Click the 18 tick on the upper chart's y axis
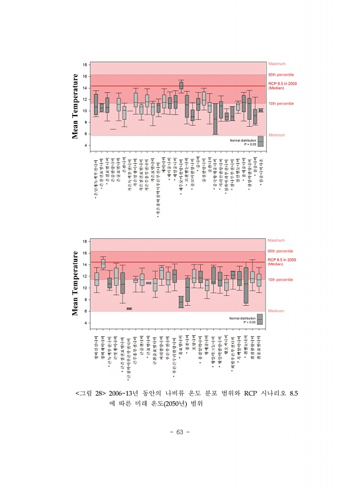click(85, 65)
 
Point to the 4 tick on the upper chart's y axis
click(86, 145)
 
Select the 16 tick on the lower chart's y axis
click(85, 254)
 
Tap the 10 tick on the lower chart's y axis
click(85, 288)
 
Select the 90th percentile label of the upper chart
click(281, 75)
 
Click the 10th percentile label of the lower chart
click(281, 279)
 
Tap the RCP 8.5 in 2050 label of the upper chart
click(282, 84)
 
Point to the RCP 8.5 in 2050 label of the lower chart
click(282, 259)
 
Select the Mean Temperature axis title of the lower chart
click(75, 283)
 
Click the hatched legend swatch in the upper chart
click(260, 141)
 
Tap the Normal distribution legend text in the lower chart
click(242, 318)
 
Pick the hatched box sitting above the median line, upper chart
click(181, 85)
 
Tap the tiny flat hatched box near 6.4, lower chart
click(129, 308)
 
